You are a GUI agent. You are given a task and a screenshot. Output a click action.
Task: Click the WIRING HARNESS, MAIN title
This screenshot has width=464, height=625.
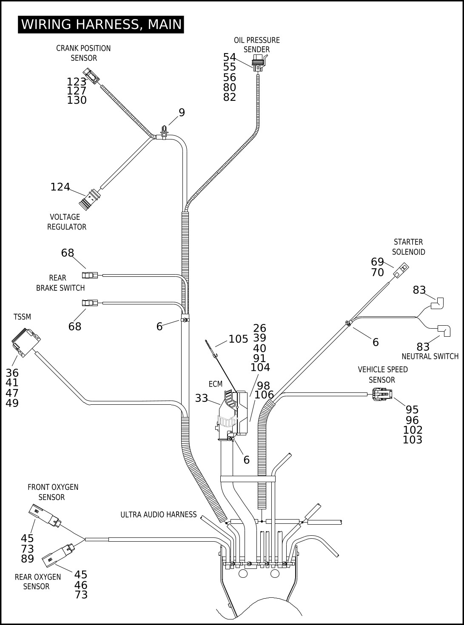coord(101,25)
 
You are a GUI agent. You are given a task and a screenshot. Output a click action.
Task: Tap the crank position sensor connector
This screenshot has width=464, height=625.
coord(91,76)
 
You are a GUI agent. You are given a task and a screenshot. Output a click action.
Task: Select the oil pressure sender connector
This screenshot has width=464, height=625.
coord(258,63)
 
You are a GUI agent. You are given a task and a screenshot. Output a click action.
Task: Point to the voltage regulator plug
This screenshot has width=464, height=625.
coord(90,200)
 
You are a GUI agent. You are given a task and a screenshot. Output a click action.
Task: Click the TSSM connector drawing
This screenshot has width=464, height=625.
coord(26,342)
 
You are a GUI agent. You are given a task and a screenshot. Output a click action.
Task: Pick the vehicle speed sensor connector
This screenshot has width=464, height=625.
coord(382,394)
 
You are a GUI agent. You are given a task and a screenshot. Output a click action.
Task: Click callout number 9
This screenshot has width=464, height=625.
coord(182,113)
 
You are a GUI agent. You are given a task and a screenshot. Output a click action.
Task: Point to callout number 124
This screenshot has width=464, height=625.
coord(60,187)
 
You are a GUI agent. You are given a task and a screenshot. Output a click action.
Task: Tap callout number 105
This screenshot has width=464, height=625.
coord(238,339)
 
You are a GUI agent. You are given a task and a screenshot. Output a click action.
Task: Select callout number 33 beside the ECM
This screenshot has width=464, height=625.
coord(202,398)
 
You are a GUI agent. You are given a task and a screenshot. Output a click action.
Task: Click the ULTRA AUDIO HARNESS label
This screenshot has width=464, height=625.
coord(159,514)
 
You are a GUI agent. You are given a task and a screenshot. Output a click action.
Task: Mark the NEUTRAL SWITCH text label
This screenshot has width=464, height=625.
coord(430,356)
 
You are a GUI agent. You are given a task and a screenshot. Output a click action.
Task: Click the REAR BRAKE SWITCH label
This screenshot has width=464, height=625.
coord(60,283)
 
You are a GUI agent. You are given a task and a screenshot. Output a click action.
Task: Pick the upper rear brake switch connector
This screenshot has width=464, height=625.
coord(90,275)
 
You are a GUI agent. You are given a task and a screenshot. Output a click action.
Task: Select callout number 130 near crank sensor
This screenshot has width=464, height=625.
coord(77,100)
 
